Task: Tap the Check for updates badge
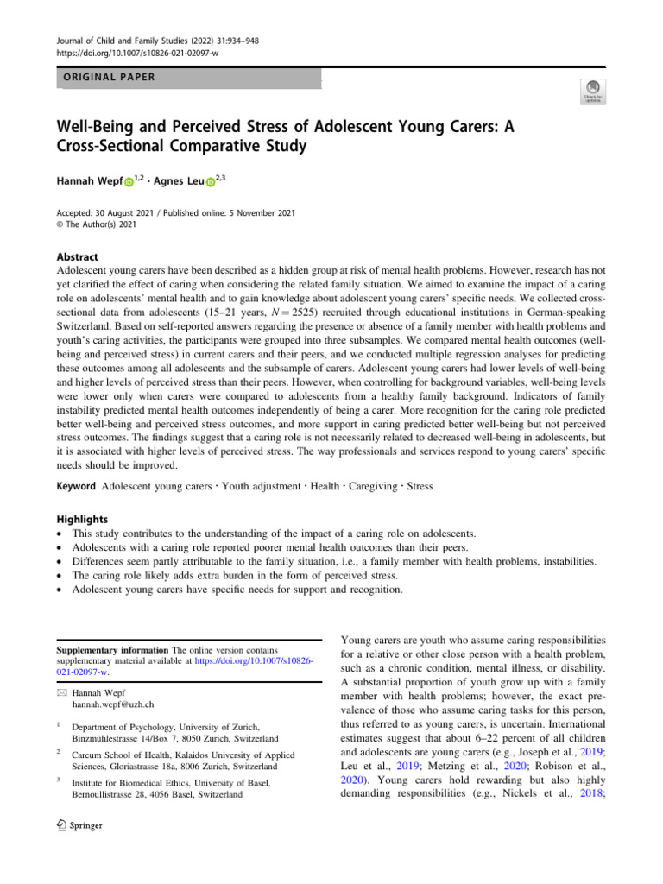tap(593, 90)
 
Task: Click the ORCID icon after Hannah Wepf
tap(129, 183)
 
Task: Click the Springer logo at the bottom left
tap(79, 825)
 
